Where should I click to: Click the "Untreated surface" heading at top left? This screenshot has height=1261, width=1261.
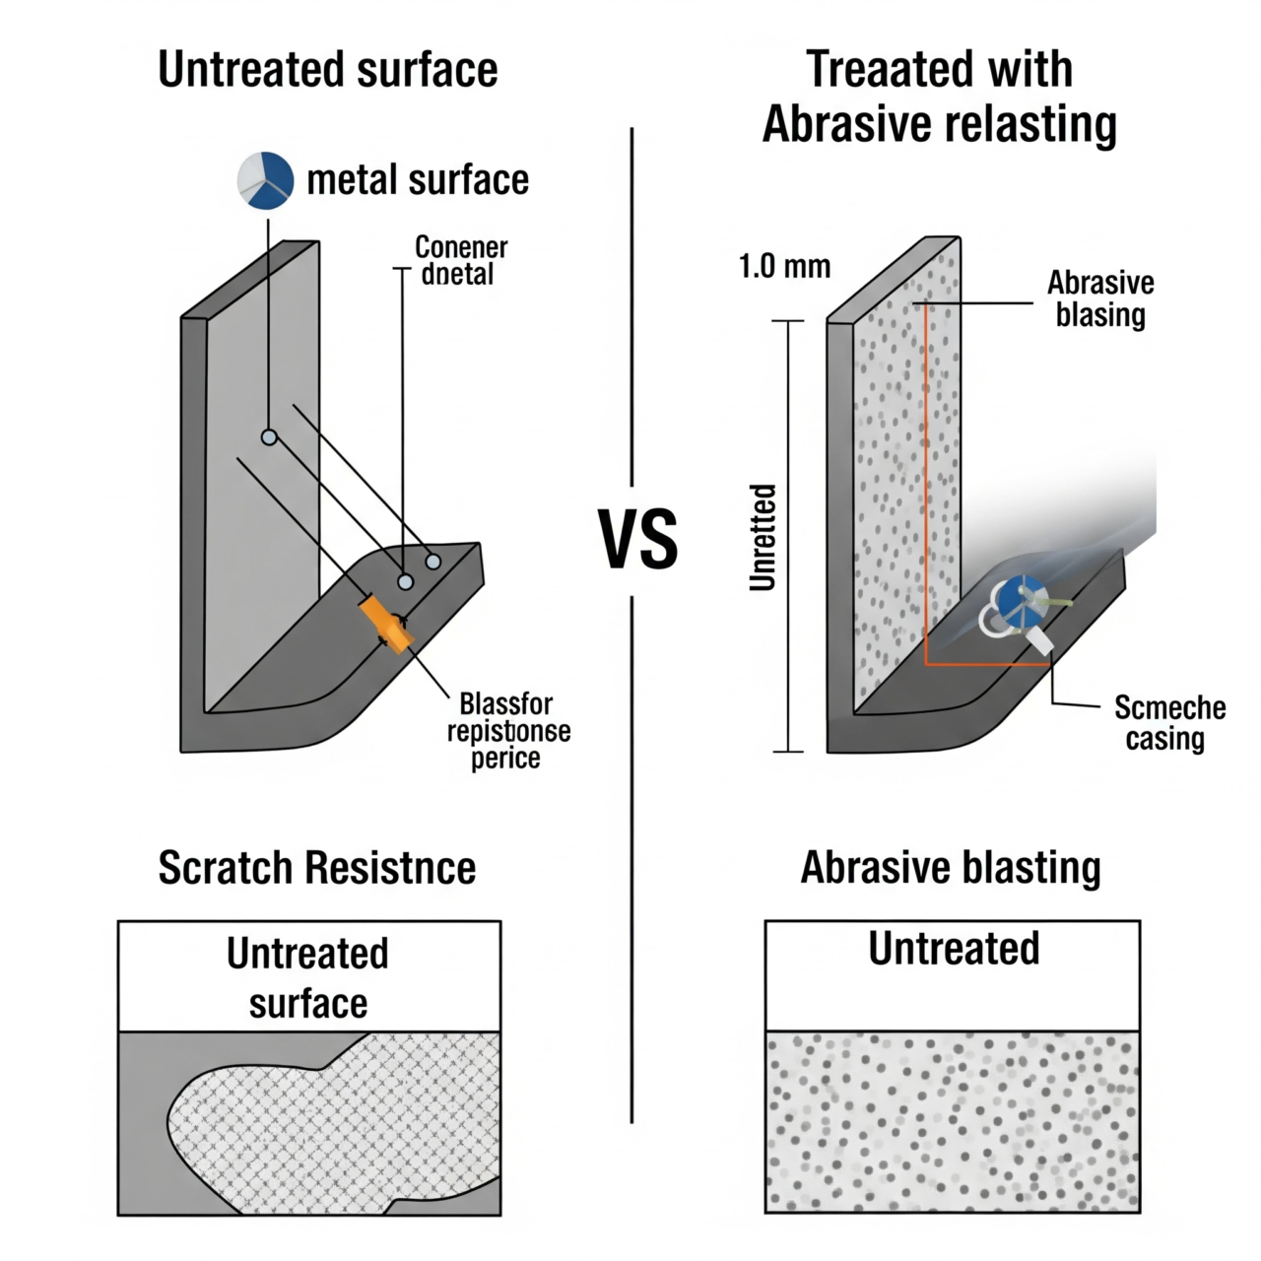point(328,70)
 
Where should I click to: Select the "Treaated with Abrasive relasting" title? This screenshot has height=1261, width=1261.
point(939,97)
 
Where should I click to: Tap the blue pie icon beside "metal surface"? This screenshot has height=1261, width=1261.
point(266,179)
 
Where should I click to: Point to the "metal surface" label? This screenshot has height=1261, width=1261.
point(418,180)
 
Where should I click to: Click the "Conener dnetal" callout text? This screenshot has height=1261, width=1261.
point(461,260)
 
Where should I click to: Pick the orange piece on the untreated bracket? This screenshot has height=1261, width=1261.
point(387,625)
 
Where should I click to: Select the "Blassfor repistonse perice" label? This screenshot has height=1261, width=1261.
point(507,731)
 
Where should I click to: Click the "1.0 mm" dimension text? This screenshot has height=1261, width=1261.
point(784,266)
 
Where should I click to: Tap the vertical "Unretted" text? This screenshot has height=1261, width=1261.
point(763,537)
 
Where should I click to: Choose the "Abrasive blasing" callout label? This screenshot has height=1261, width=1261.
point(1100,299)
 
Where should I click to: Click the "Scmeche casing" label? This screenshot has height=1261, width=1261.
point(1169,722)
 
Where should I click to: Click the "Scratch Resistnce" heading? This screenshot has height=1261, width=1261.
point(317,868)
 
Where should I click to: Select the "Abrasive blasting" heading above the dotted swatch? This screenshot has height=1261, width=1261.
point(950,868)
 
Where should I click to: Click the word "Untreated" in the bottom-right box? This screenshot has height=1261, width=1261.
point(954,949)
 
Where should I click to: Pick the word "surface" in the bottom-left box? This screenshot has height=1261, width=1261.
point(308,1004)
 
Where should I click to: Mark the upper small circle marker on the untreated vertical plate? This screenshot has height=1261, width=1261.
point(268,436)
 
